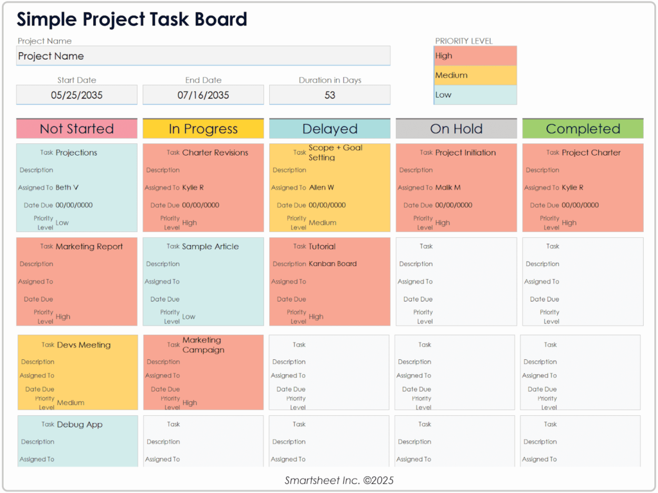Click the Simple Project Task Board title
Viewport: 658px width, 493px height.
(x=132, y=19)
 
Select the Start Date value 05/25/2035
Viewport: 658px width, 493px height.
(x=76, y=95)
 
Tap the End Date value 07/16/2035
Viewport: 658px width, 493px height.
(x=203, y=95)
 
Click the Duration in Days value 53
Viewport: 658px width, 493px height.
(x=330, y=95)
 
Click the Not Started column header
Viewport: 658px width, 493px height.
(x=76, y=129)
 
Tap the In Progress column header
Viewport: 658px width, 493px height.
(x=203, y=129)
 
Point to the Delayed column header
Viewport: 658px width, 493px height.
(x=330, y=129)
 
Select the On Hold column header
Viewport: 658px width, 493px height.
(x=456, y=129)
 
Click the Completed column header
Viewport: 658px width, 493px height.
(x=583, y=129)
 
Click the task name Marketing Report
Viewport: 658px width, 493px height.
(x=89, y=246)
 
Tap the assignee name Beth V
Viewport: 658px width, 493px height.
(x=67, y=188)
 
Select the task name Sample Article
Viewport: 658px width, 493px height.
(x=210, y=246)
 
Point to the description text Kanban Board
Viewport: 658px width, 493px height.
(x=332, y=264)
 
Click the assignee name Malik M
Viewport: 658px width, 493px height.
(x=448, y=188)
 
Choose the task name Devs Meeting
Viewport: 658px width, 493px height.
(x=84, y=345)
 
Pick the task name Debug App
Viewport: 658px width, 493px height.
(x=80, y=425)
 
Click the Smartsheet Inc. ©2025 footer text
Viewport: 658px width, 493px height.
(x=339, y=480)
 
